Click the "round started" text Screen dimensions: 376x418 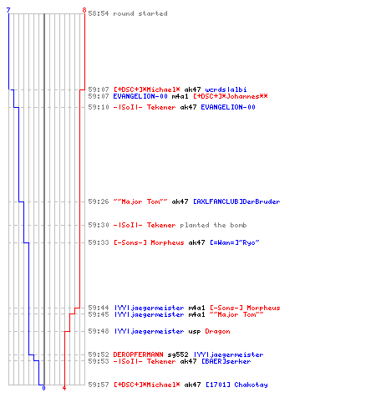click(140, 13)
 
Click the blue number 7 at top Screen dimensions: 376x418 click(8, 10)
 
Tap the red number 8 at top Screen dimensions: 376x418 click(84, 10)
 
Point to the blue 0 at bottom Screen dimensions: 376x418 click(43, 388)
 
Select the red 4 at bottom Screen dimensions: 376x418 click(64, 388)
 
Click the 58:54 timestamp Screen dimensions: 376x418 click(99, 13)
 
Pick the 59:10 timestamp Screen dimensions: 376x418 click(99, 107)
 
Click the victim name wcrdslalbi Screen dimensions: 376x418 click(226, 89)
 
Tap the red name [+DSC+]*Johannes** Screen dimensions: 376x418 click(231, 96)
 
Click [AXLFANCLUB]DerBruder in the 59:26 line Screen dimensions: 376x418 click(236, 201)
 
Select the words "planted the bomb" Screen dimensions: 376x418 click(213, 225)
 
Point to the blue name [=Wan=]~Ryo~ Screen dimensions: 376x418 click(235, 242)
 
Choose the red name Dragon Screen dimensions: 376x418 click(217, 331)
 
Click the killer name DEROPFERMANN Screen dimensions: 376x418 click(138, 354)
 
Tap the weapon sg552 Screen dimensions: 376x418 click(178, 354)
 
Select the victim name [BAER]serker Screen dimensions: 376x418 click(226, 361)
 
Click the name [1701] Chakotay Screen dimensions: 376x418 click(236, 385)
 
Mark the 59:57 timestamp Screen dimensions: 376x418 click(99, 385)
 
